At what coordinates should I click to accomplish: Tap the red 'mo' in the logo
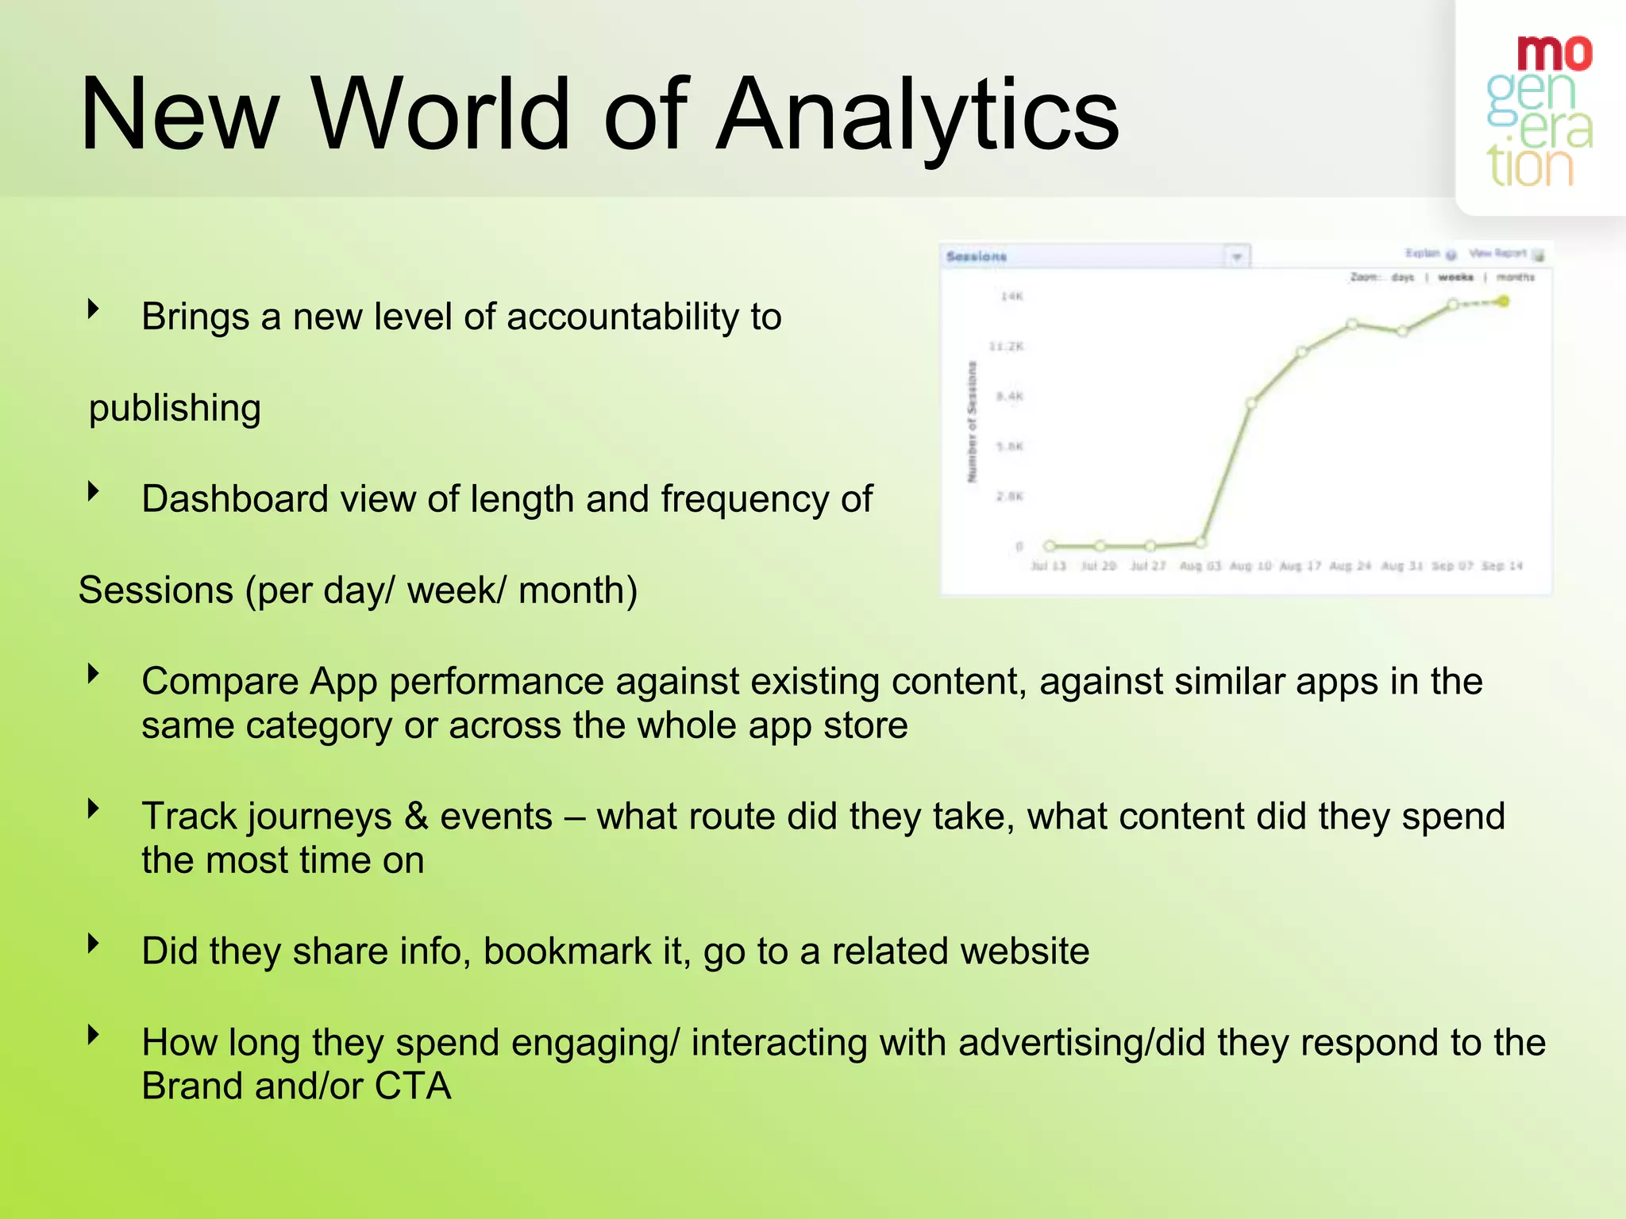pyautogui.click(x=1554, y=54)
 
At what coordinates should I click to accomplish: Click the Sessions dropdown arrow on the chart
pyautogui.click(x=1236, y=257)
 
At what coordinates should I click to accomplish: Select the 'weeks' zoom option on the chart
pyautogui.click(x=1455, y=277)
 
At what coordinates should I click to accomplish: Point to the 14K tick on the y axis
pyautogui.click(x=1011, y=297)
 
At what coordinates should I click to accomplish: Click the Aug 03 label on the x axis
pyautogui.click(x=1200, y=566)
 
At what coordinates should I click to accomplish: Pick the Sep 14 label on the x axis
pyautogui.click(x=1501, y=566)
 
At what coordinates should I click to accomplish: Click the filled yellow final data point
pyautogui.click(x=1503, y=302)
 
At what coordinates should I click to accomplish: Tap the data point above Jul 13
pyautogui.click(x=1050, y=545)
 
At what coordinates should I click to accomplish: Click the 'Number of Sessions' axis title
pyautogui.click(x=972, y=421)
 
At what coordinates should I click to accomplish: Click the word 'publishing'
pyautogui.click(x=175, y=408)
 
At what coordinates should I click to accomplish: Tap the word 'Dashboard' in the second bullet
pyautogui.click(x=235, y=499)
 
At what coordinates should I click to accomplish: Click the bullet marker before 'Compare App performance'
pyautogui.click(x=94, y=674)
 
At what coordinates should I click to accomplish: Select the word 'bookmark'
pyautogui.click(x=567, y=952)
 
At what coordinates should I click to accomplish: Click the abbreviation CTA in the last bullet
pyautogui.click(x=413, y=1086)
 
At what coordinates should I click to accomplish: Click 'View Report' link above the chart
pyautogui.click(x=1497, y=253)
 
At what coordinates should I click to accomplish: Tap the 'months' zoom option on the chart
pyautogui.click(x=1515, y=277)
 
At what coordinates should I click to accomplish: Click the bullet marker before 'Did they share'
pyautogui.click(x=94, y=944)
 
